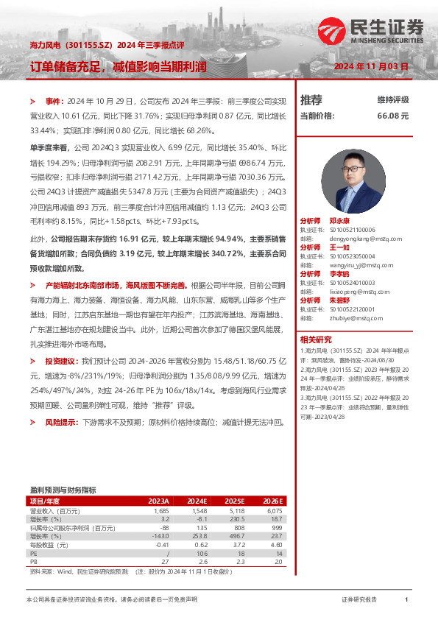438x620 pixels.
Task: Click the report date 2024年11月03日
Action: point(371,66)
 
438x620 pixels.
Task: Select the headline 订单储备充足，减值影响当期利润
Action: point(118,67)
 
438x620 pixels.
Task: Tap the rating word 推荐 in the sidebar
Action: point(311,100)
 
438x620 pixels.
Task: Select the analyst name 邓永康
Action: point(339,220)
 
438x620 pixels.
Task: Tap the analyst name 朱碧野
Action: point(339,300)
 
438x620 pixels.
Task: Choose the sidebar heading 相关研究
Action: point(316,340)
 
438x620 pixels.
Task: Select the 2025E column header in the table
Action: point(234,501)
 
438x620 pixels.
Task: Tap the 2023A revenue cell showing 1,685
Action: point(160,510)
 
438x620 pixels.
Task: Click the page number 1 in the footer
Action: point(406,600)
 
